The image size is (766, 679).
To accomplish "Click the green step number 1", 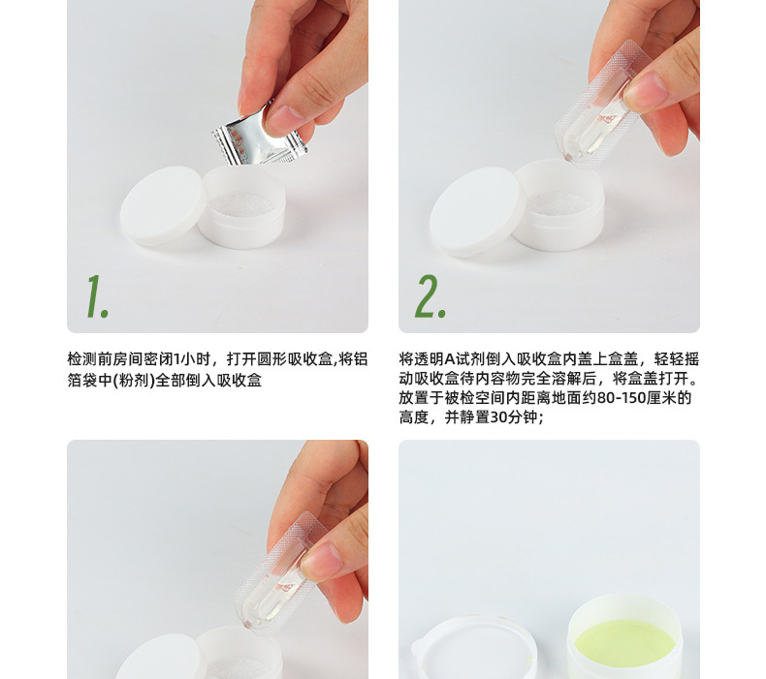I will pyautogui.click(x=95, y=296).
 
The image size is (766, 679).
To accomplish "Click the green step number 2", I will pyautogui.click(x=430, y=296).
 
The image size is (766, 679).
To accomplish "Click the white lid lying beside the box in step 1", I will pyautogui.click(x=163, y=204).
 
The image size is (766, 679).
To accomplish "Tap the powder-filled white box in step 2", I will pyautogui.click(x=559, y=207).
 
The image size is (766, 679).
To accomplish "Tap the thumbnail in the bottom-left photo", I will pyautogui.click(x=320, y=558).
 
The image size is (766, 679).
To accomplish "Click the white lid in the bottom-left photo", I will pyautogui.click(x=160, y=659).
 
